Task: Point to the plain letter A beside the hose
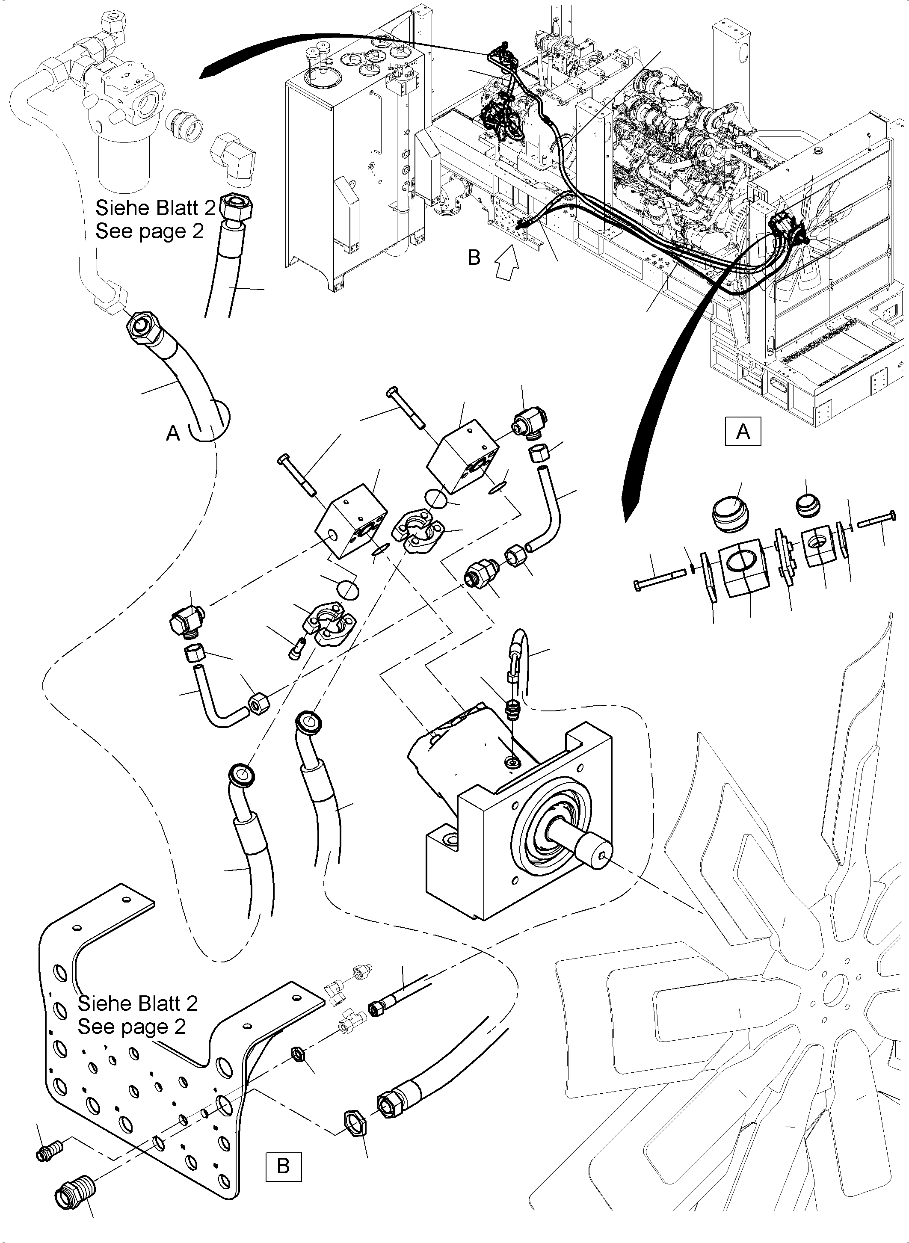pos(173,434)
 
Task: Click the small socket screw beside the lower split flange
pos(295,649)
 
